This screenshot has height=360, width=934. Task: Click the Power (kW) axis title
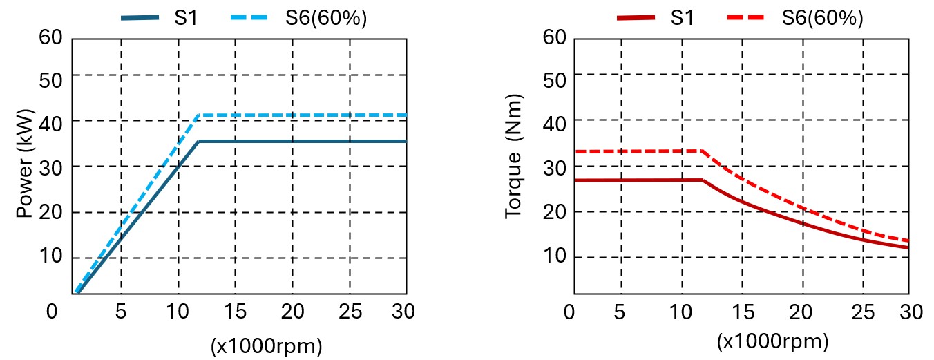[25, 164]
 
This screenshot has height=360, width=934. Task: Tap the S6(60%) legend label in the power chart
[326, 18]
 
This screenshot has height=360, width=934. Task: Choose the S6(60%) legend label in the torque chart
[822, 18]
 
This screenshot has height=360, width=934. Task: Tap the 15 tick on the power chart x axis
[235, 312]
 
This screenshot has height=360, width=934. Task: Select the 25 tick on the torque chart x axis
[861, 312]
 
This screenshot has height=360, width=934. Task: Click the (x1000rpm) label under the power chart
[266, 346]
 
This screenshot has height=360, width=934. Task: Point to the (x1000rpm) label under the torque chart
[772, 341]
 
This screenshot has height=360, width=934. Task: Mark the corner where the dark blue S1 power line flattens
[199, 141]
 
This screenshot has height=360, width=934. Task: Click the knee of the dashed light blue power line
[199, 115]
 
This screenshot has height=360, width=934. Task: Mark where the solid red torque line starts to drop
[703, 180]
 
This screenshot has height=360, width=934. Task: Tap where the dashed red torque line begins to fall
[703, 151]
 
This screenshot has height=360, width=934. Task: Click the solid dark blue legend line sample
[140, 18]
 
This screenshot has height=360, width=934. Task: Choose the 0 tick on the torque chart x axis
[569, 312]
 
